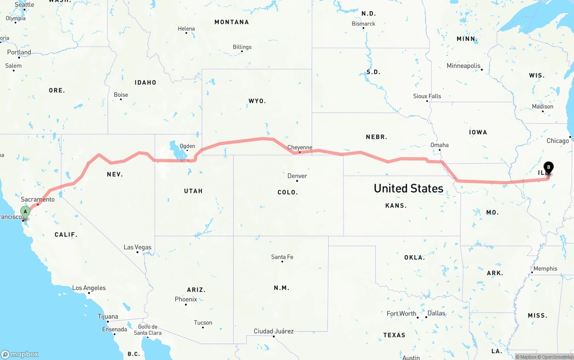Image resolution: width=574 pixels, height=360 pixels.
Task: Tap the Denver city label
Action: coord(297,176)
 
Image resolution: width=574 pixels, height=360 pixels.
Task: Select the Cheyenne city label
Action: coord(300,147)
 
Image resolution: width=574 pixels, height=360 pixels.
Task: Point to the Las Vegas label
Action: coord(138,247)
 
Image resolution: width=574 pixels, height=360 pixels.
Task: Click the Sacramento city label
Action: coord(38,199)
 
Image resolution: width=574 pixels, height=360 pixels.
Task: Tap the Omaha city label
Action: coord(439,145)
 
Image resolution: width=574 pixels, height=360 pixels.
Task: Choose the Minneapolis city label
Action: coord(463,66)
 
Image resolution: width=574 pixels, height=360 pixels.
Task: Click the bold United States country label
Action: coord(409,188)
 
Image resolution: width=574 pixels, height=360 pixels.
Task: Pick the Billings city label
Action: coord(242,47)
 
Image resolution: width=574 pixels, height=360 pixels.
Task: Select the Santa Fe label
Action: coord(282,257)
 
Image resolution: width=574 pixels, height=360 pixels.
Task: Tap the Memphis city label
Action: coord(545,269)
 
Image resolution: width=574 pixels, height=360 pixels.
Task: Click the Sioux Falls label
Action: coord(427,96)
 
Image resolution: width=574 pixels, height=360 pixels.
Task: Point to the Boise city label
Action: coord(121,95)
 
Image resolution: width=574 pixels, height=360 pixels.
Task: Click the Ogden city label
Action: coord(187,146)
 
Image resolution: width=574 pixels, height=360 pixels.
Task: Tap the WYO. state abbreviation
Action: coord(257,101)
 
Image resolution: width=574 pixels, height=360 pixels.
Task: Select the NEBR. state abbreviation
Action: coord(376,137)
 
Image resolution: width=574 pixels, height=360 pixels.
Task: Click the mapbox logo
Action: coord(20,354)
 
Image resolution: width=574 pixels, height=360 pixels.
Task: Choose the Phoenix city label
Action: coord(186,299)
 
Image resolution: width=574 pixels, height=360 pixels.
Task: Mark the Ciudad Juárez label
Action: coord(274,331)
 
